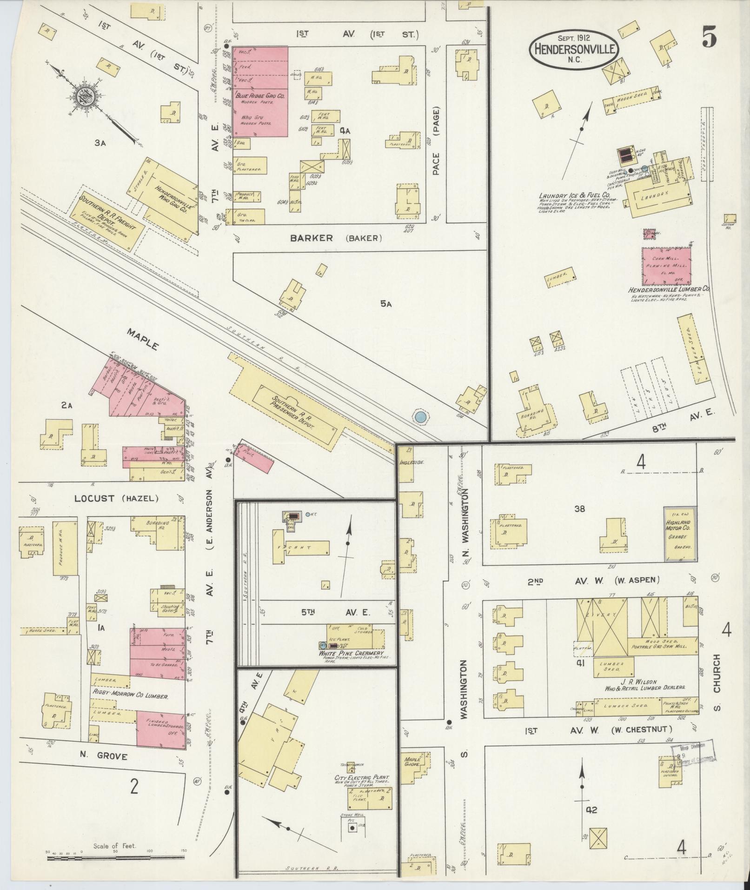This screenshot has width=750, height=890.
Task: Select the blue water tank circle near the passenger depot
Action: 420,416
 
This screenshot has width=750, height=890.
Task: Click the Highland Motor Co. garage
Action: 679,535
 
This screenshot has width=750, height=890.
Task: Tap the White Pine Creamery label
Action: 352,653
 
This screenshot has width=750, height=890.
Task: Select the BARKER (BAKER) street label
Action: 336,238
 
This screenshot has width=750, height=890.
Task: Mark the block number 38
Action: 579,509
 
